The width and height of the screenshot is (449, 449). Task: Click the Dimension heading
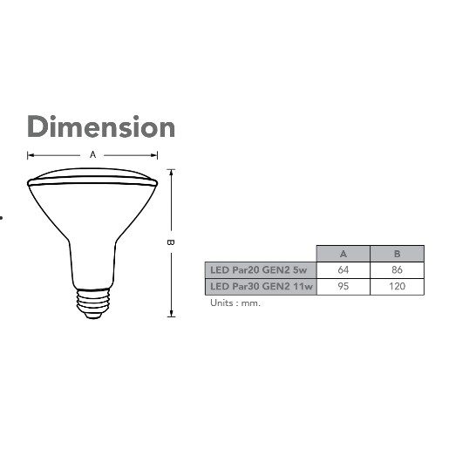tap(101, 126)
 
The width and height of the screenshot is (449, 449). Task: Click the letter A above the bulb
tap(92, 154)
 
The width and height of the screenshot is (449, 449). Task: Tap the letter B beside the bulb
tap(171, 242)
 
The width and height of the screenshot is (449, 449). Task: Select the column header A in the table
tap(344, 254)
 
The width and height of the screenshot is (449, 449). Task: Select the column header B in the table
tap(397, 254)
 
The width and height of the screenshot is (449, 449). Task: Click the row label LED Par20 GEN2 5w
tap(259, 270)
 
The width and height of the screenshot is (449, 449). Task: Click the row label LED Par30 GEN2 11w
tap(262, 287)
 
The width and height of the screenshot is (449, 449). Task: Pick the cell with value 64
tap(344, 270)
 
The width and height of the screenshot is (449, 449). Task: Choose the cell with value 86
tap(397, 270)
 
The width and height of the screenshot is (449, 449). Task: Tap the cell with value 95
tap(344, 287)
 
